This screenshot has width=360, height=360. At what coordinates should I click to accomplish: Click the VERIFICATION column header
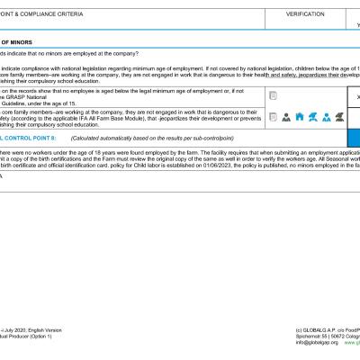pyautogui.click(x=304, y=14)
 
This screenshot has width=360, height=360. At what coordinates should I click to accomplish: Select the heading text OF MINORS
pyautogui.click(x=18, y=41)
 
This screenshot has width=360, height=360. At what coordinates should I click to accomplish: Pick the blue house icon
pyautogui.click(x=299, y=117)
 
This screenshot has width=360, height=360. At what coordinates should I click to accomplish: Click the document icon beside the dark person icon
pyautogui.click(x=272, y=117)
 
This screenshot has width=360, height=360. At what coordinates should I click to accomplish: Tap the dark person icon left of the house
pyautogui.click(x=286, y=117)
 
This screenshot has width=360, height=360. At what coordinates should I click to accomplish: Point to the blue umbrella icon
pyautogui.click(x=312, y=117)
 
